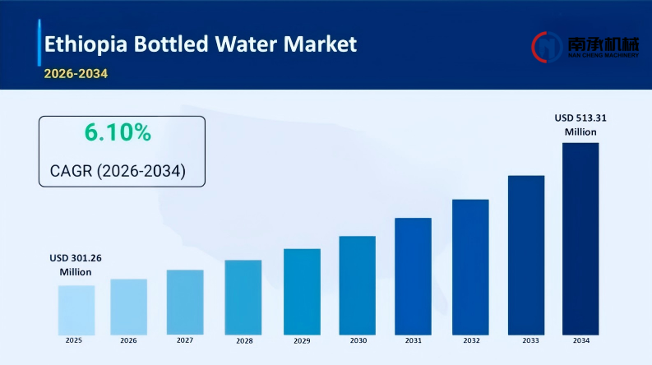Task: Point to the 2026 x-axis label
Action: pyautogui.click(x=128, y=340)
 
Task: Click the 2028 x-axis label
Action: pyautogui.click(x=243, y=340)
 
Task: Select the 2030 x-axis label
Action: pyautogui.click(x=358, y=340)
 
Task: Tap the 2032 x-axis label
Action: pyautogui.click(x=471, y=340)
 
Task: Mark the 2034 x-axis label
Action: pyautogui.click(x=580, y=340)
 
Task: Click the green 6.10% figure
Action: pyautogui.click(x=118, y=132)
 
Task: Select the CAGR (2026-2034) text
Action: pyautogui.click(x=118, y=172)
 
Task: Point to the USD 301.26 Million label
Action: pyautogui.click(x=75, y=264)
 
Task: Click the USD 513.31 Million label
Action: pyautogui.click(x=580, y=124)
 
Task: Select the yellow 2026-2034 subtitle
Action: pyautogui.click(x=76, y=73)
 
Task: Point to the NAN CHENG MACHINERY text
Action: pyautogui.click(x=603, y=55)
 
